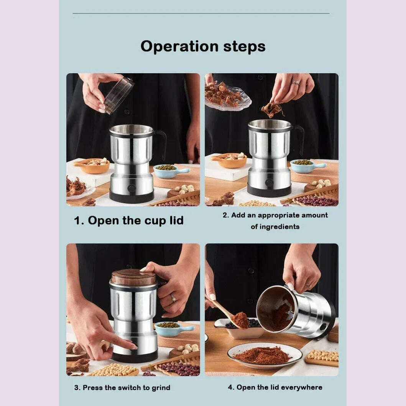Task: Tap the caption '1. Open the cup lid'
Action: pos(128,220)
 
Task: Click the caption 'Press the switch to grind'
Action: pos(127,387)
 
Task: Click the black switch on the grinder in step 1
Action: pos(131,188)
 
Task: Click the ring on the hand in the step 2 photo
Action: pos(295,83)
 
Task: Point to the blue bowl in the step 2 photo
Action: pos(304,164)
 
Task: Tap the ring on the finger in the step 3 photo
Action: pos(173,298)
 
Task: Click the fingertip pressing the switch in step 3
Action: pos(134,347)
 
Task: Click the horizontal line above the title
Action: pos(201,13)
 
